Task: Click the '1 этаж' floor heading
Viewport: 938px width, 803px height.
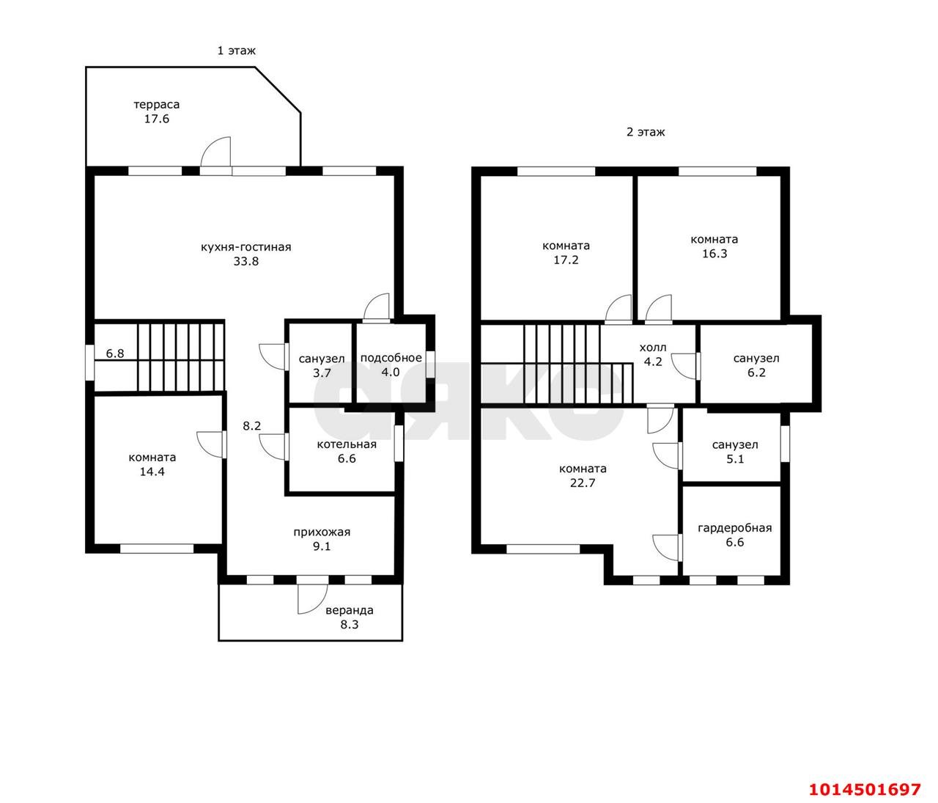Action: [x=236, y=51]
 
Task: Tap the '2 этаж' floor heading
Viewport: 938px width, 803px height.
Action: [x=646, y=132]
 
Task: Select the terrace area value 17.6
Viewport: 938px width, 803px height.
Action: [x=157, y=119]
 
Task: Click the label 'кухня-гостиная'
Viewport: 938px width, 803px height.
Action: [x=245, y=247]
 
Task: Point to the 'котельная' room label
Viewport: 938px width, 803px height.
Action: [x=347, y=444]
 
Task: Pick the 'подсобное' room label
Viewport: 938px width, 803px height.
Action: [x=391, y=358]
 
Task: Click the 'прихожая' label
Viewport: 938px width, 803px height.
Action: [x=322, y=532]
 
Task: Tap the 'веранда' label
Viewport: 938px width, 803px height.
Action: [x=350, y=610]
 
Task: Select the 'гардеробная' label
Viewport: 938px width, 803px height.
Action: [x=735, y=528]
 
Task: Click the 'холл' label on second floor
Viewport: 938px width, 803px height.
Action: [x=652, y=348]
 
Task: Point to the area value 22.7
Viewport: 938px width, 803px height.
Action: [x=583, y=483]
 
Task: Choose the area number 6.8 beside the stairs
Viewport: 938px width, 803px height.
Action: [x=115, y=353]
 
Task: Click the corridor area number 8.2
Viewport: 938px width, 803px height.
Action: [x=251, y=426]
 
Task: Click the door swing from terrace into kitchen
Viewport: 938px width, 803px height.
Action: [x=216, y=152]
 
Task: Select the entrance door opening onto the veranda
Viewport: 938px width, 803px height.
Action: [x=313, y=598]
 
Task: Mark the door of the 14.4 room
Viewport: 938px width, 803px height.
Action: [x=211, y=444]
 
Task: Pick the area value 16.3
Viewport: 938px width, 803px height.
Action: [x=714, y=254]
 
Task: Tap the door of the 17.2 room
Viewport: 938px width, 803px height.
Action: [x=618, y=309]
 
